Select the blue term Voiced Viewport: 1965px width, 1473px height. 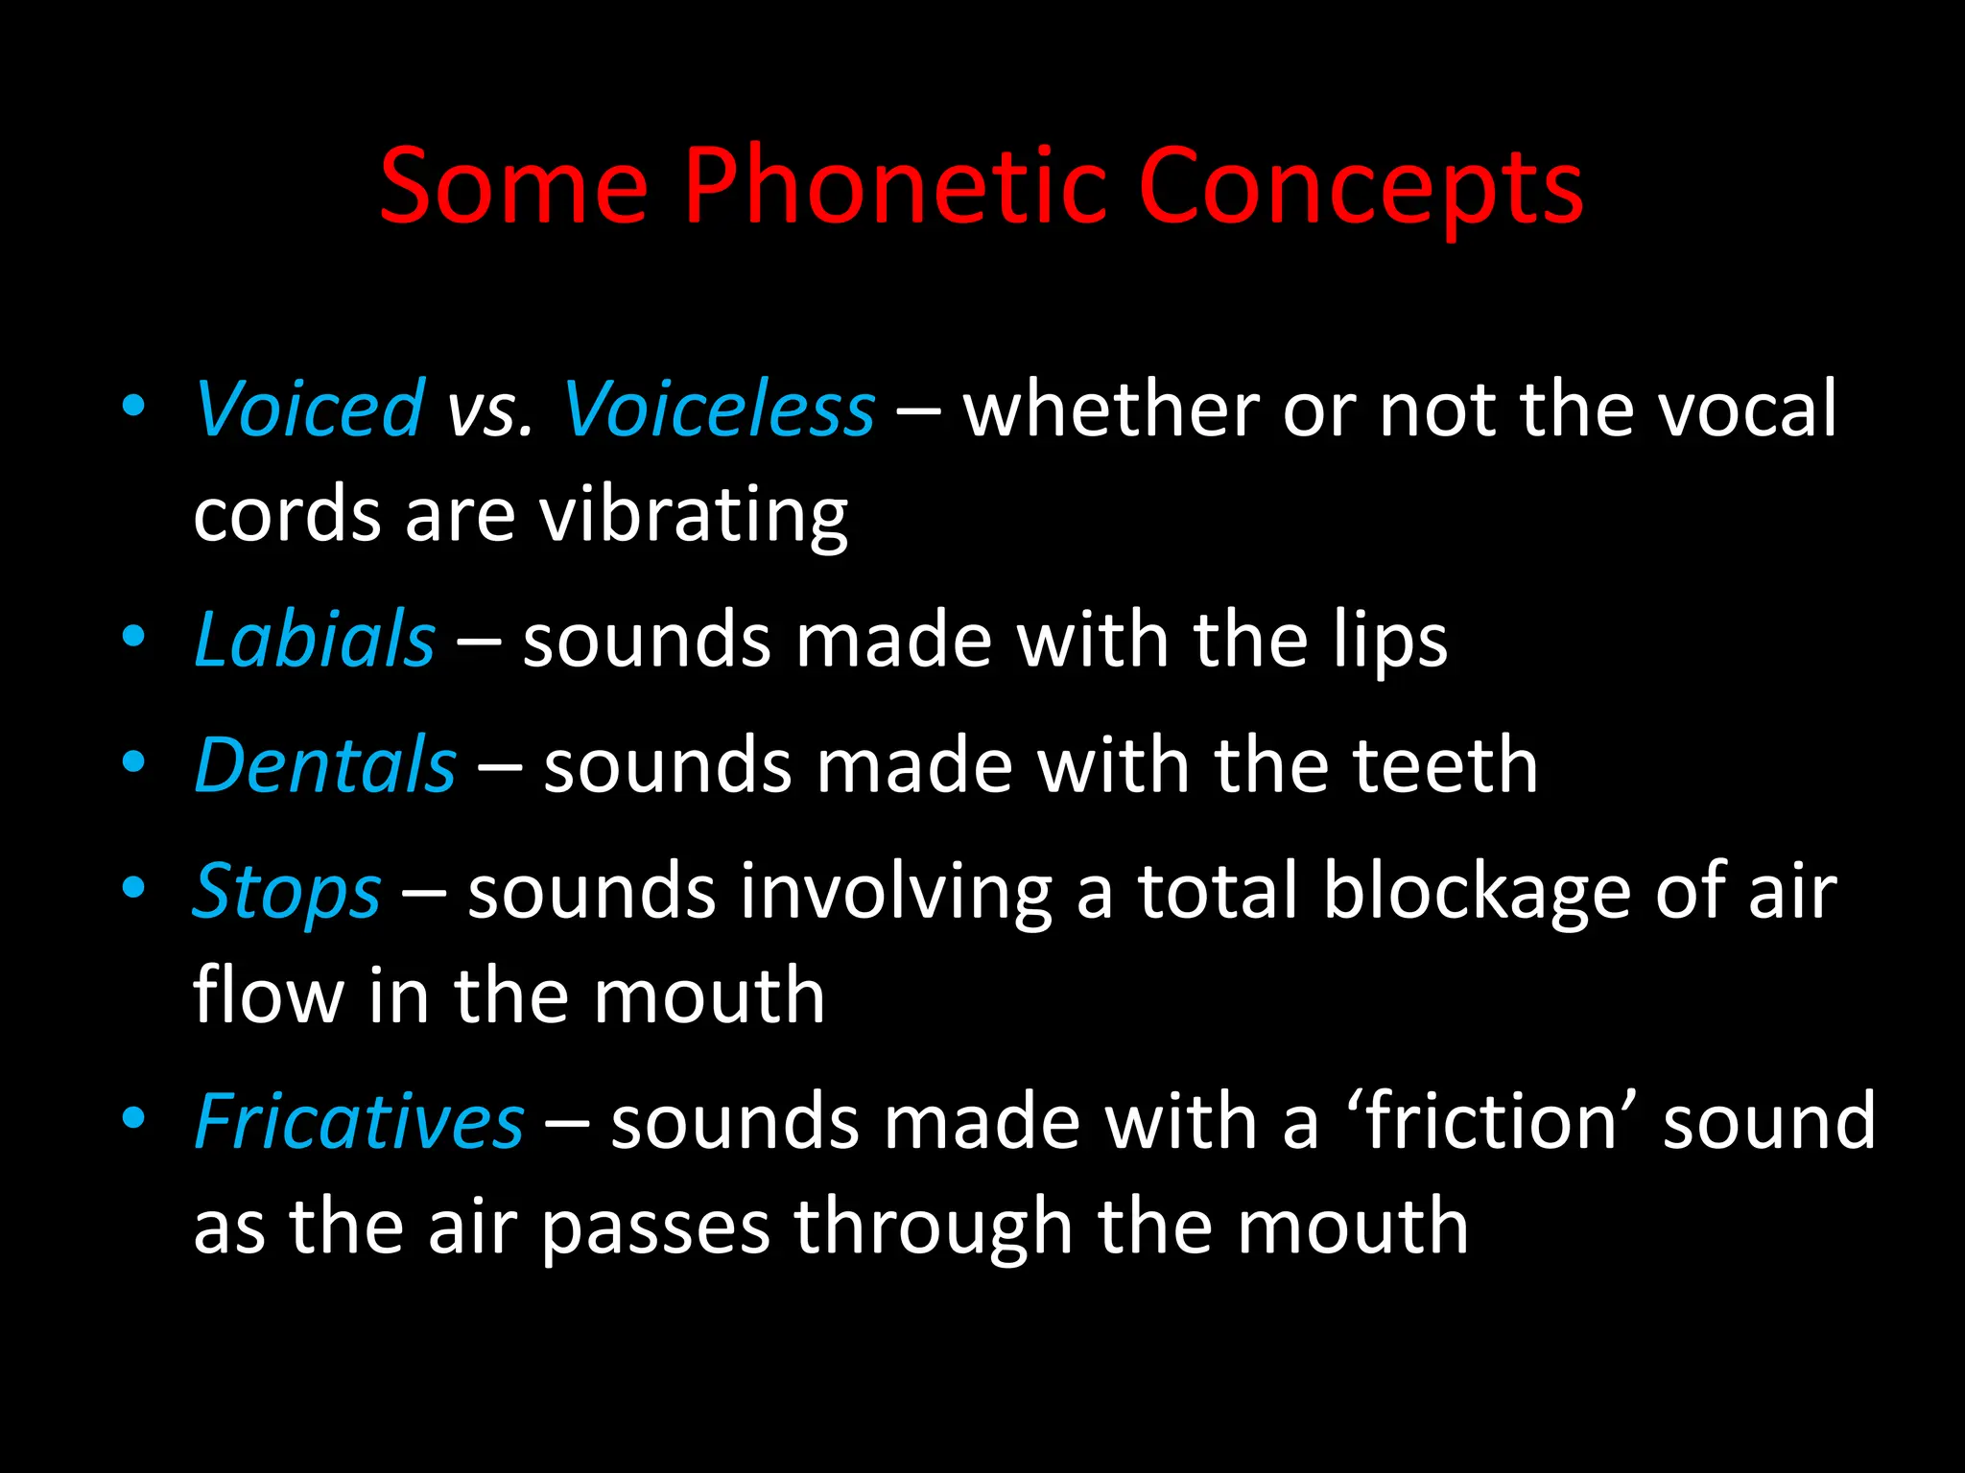click(309, 409)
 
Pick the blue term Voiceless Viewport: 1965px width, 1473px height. click(719, 409)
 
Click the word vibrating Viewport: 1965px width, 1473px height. click(693, 517)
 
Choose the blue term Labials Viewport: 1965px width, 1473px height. click(315, 640)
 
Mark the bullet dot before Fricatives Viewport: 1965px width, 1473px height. click(133, 1117)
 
